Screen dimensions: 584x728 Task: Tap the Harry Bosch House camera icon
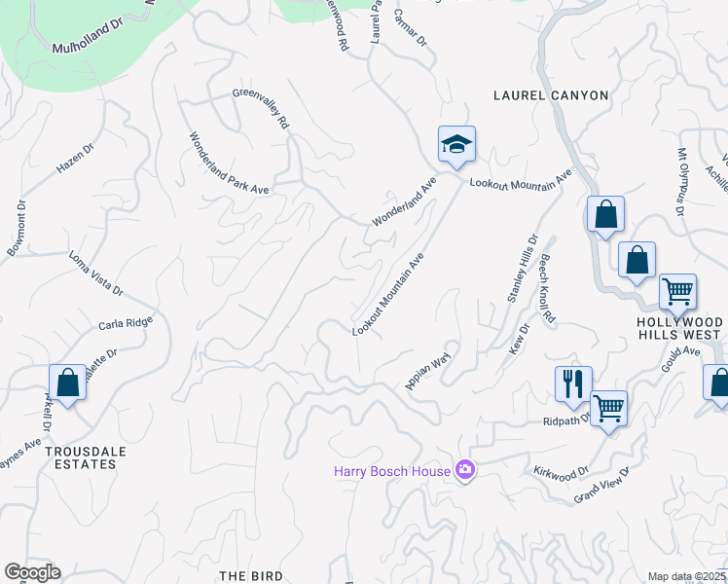click(465, 471)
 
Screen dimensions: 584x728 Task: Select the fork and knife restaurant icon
click(573, 383)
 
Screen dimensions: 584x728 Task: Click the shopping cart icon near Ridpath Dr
click(608, 408)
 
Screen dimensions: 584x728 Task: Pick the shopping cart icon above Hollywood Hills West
click(677, 290)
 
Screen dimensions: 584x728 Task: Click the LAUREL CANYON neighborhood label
click(551, 95)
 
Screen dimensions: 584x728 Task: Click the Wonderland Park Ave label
click(228, 164)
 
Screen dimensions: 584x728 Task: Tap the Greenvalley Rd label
click(261, 109)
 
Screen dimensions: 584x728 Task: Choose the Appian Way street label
click(429, 371)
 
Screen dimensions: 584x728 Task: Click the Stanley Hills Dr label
click(522, 269)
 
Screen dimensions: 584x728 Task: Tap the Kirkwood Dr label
click(562, 470)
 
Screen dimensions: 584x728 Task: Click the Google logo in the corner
click(32, 572)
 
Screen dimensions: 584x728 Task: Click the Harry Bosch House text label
click(392, 471)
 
